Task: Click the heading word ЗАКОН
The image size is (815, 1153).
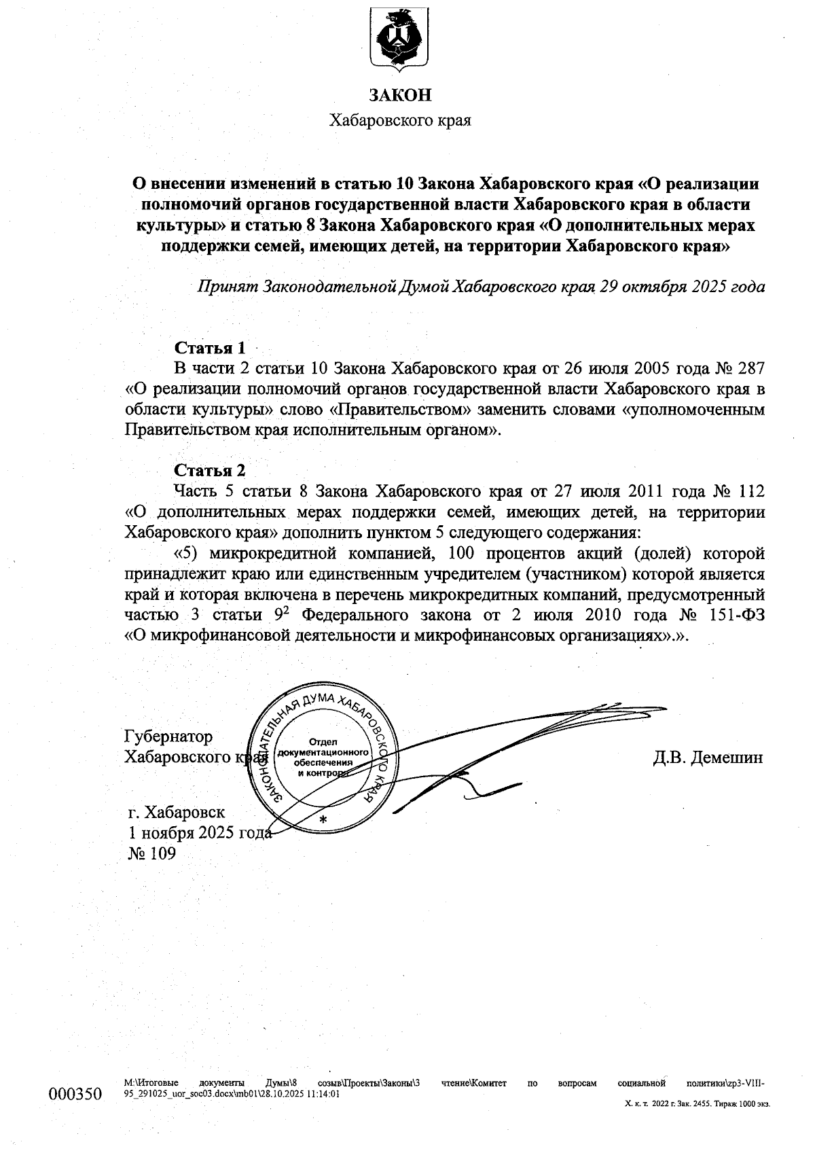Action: point(400,95)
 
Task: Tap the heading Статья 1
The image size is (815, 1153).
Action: point(210,348)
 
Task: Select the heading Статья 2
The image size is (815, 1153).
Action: point(210,470)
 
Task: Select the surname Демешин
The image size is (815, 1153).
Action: point(726,757)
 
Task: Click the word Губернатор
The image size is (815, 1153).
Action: point(168,737)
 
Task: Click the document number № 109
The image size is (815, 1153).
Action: point(152,853)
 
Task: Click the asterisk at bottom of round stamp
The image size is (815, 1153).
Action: point(323,820)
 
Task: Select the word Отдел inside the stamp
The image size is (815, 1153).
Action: point(323,741)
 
